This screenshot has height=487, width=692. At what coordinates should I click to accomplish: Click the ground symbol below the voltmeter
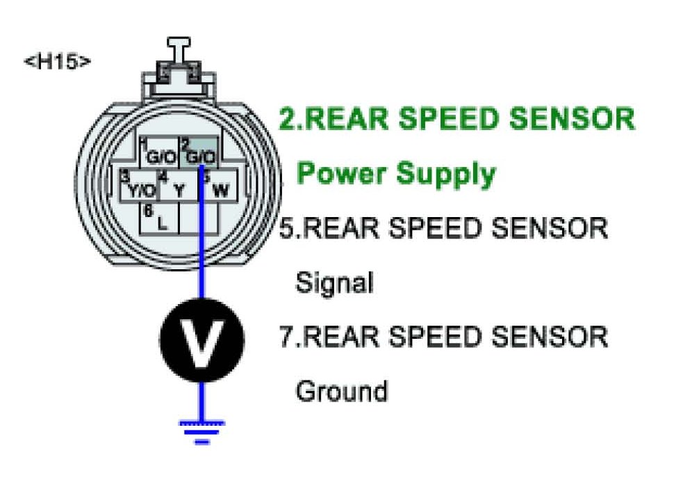tap(201, 429)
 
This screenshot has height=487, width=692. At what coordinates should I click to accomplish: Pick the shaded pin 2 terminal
tap(199, 153)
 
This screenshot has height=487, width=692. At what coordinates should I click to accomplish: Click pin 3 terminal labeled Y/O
tap(140, 186)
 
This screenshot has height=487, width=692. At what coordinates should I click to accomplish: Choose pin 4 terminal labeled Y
tap(179, 186)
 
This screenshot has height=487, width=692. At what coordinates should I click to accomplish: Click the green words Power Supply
tap(396, 173)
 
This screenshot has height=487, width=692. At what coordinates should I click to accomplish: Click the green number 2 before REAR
tap(288, 119)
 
